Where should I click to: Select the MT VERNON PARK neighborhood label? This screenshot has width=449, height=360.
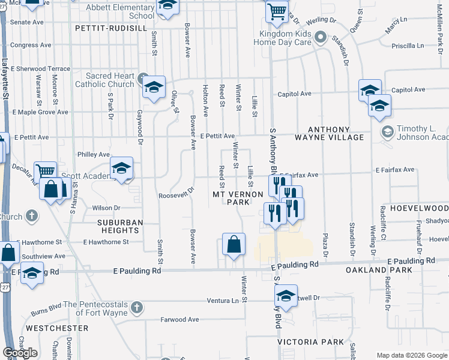pos(238,198)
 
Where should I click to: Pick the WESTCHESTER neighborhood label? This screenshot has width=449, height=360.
pos(57,328)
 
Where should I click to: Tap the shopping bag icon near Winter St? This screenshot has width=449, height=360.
pos(234,244)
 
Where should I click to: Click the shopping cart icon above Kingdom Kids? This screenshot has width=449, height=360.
pos(276,10)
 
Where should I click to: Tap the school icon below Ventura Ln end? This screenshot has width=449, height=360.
pos(286,295)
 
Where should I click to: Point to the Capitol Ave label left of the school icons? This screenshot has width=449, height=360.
pos(294,94)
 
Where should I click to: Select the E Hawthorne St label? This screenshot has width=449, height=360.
pos(106,242)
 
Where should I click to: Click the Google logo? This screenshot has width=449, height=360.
pos(20,353)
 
